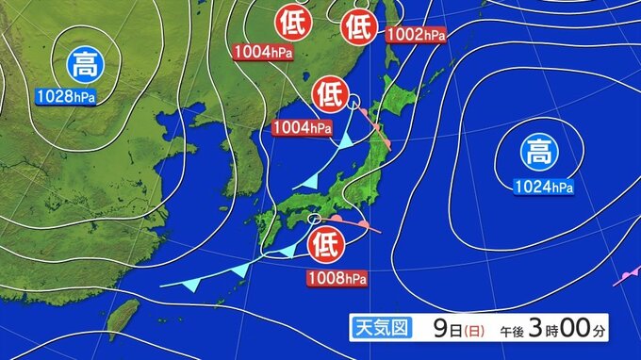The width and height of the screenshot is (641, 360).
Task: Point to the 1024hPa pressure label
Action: [544, 187]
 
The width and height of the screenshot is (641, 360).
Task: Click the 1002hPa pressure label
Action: [416, 35]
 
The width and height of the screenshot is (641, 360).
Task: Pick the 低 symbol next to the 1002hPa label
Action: [359, 25]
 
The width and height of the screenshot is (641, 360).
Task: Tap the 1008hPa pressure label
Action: [337, 278]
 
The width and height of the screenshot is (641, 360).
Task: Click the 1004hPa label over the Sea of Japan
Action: [303, 127]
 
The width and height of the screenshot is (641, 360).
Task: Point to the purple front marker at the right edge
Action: [625, 276]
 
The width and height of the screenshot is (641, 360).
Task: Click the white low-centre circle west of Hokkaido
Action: [353, 101]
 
